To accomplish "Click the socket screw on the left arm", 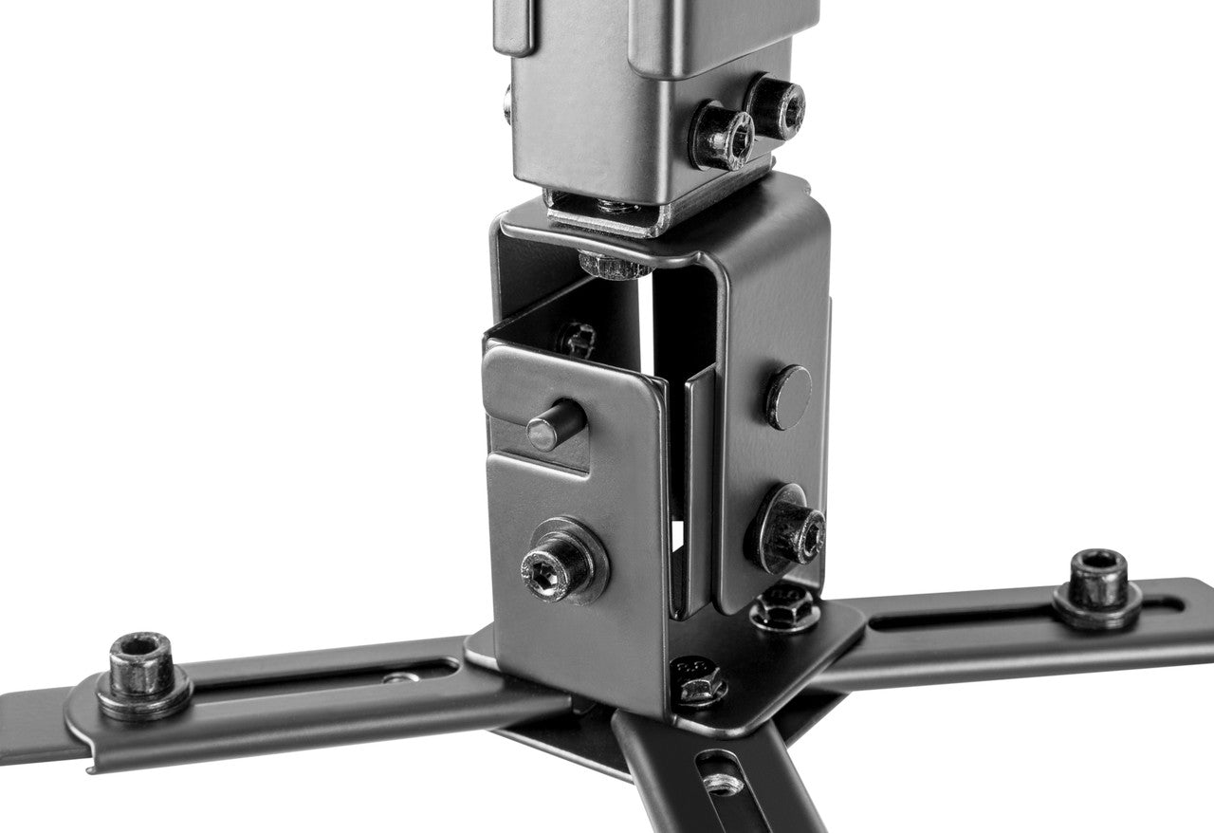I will (140, 663).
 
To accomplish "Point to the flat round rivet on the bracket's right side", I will (789, 396).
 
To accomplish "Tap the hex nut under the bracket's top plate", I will (611, 264).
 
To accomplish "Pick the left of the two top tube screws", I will (722, 136).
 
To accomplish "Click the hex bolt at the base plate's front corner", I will (700, 681).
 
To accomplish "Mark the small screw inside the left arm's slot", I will (400, 677).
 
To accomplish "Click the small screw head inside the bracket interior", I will (577, 339).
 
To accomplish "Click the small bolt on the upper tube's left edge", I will (507, 103).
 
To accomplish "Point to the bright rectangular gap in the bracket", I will (677, 535).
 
